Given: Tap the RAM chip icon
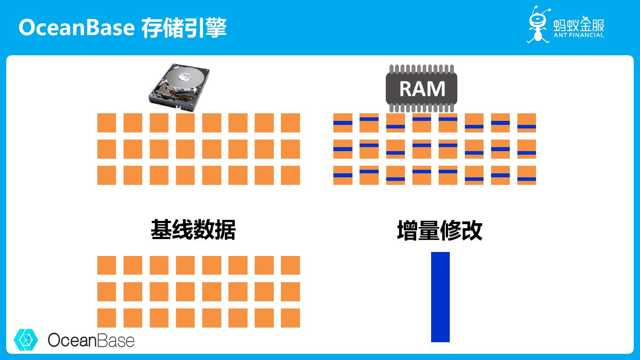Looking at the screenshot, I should click(x=422, y=88).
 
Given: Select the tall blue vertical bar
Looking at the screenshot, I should click(x=440, y=297).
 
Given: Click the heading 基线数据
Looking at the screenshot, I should click(x=193, y=230).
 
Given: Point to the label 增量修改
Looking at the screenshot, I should click(x=440, y=231).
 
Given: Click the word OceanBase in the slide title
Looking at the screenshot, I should click(x=76, y=28).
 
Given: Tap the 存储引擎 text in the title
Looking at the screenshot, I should click(x=184, y=28).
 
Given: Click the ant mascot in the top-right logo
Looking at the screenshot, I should click(x=538, y=24).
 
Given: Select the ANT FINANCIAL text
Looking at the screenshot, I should click(x=579, y=35).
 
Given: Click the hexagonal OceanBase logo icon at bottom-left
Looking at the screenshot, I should click(x=26, y=340).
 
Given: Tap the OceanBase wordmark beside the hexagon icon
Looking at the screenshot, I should click(x=91, y=340).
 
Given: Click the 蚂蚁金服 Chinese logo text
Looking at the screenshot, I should click(x=579, y=24).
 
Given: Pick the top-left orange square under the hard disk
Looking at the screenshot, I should click(x=107, y=123).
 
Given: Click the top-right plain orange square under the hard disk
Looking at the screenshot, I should click(x=290, y=123).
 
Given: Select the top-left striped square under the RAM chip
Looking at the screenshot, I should click(x=343, y=123).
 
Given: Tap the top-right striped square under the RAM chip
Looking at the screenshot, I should click(x=527, y=123).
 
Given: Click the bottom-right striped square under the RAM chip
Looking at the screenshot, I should click(x=527, y=175).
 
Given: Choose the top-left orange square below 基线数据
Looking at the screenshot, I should click(x=107, y=265).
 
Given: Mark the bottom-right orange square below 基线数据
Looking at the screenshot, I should click(x=290, y=318).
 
